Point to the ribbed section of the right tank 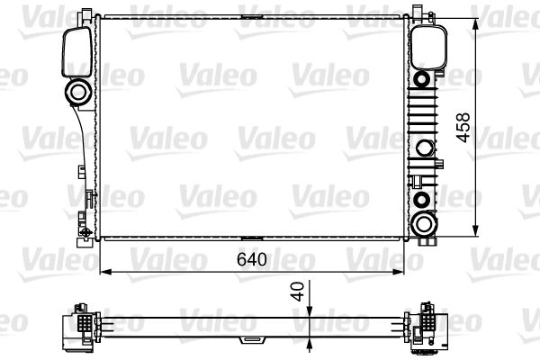pos(423,112)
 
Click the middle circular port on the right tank pos(422,149)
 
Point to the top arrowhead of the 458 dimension pos(474,20)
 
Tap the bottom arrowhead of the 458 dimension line pos(474,233)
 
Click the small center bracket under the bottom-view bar pos(249,339)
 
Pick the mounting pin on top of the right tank pos(419,12)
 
